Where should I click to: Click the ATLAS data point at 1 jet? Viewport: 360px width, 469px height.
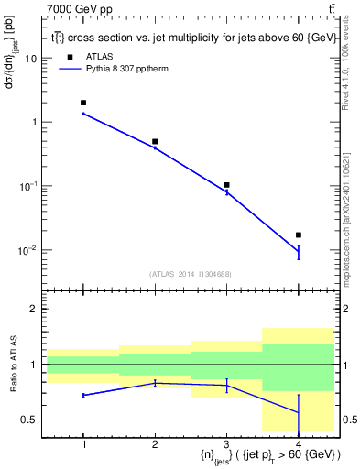click(x=83, y=103)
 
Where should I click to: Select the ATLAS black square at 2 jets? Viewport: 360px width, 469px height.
click(x=155, y=142)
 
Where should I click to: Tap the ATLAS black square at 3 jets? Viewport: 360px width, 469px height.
click(x=226, y=185)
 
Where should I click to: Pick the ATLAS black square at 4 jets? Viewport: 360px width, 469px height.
click(x=298, y=235)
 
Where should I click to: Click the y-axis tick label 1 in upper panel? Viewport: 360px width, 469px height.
click(x=35, y=122)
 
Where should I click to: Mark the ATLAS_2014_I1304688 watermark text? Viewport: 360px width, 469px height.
click(x=191, y=273)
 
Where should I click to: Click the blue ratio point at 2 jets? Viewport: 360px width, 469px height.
click(x=155, y=383)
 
